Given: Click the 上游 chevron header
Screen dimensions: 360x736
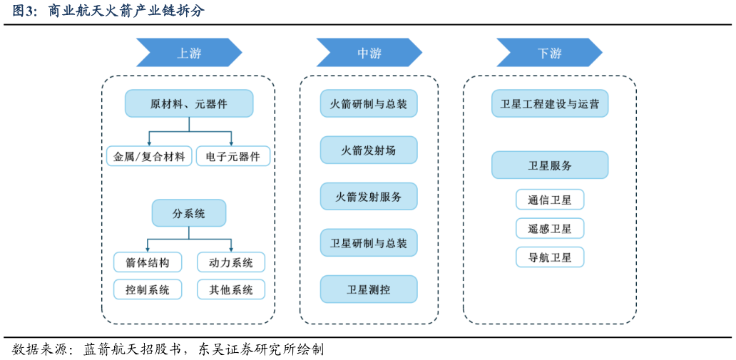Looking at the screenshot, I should (189, 53).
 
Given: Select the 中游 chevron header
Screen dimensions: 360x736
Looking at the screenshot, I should (369, 53).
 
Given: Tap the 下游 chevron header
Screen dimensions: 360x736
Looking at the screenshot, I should (549, 53).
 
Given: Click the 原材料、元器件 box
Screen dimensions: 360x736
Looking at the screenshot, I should (189, 103).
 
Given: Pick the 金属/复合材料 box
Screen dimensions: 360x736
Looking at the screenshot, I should (149, 156).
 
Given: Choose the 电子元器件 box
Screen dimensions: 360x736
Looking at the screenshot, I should (233, 156).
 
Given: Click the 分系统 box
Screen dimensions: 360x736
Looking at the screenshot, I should (189, 213).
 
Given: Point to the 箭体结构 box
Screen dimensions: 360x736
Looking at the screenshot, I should (148, 262).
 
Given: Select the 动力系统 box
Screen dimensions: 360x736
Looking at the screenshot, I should (231, 262).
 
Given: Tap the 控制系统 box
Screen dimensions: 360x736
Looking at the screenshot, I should (148, 289).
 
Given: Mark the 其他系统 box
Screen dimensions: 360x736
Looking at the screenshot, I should (231, 289).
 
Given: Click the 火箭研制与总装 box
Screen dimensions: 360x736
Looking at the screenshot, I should (369, 103).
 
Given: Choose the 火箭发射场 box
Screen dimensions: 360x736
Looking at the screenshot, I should (369, 150).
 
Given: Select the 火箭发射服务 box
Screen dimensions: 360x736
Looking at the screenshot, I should (369, 197).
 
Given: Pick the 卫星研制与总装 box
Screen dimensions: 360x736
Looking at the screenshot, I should (369, 243).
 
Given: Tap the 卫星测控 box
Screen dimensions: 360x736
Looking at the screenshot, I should (369, 289).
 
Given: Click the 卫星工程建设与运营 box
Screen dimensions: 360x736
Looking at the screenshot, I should (550, 103).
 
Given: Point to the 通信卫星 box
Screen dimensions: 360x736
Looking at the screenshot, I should (550, 200).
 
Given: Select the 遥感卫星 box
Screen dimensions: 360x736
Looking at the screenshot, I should (550, 228).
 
